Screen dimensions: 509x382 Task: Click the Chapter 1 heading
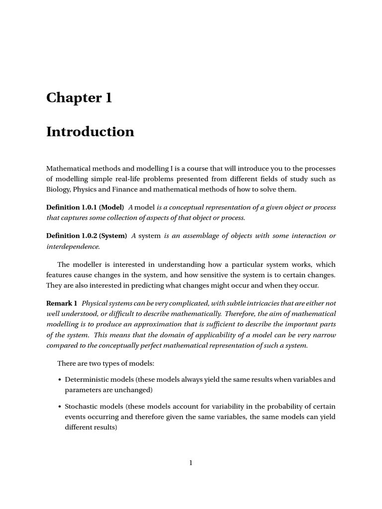tap(79, 98)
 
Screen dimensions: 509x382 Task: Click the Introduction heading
tap(90, 132)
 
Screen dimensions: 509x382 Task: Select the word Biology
tap(58, 189)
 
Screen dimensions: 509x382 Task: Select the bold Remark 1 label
tap(62, 303)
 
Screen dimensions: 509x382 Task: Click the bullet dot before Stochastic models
tap(60, 407)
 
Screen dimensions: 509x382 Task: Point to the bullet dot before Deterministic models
tap(60, 380)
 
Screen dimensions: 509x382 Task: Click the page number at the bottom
tap(191, 463)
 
